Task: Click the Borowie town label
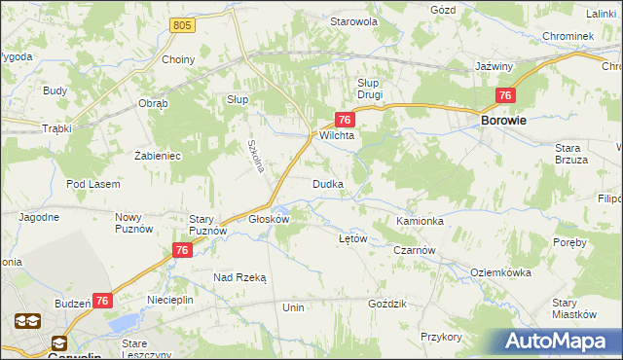pyautogui.click(x=504, y=120)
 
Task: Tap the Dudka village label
pyautogui.click(x=326, y=184)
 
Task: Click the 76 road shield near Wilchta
pyautogui.click(x=344, y=119)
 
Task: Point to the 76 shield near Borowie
pyautogui.click(x=504, y=95)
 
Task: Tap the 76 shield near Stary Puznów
pyautogui.click(x=181, y=250)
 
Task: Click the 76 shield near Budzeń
pyautogui.click(x=102, y=303)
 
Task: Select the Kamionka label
pyautogui.click(x=421, y=221)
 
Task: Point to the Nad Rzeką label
pyautogui.click(x=239, y=278)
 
